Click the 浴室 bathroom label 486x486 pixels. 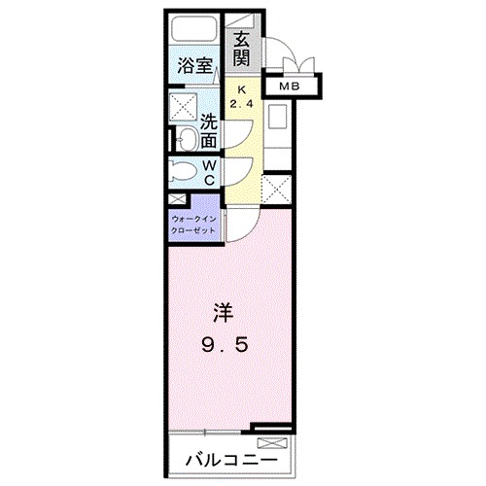194,66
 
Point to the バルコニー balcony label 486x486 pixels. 232,457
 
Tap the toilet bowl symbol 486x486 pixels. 183,172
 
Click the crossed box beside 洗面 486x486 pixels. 183,107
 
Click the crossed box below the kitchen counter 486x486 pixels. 276,188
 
